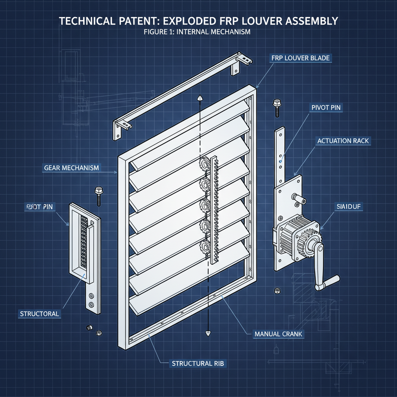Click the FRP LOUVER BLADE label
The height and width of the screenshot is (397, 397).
coord(300,59)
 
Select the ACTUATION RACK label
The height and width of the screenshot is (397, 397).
coord(343,141)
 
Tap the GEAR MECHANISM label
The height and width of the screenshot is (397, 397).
coord(72,168)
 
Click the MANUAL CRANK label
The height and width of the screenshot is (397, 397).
coord(279,334)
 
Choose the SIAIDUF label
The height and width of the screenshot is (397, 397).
coord(347,207)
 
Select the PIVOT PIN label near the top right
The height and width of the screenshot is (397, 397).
coord(326,107)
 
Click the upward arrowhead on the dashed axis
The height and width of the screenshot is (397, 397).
coord(200,98)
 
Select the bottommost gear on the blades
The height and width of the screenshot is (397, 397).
coord(204,245)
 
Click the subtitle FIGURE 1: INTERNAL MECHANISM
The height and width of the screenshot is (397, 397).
coord(197,32)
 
